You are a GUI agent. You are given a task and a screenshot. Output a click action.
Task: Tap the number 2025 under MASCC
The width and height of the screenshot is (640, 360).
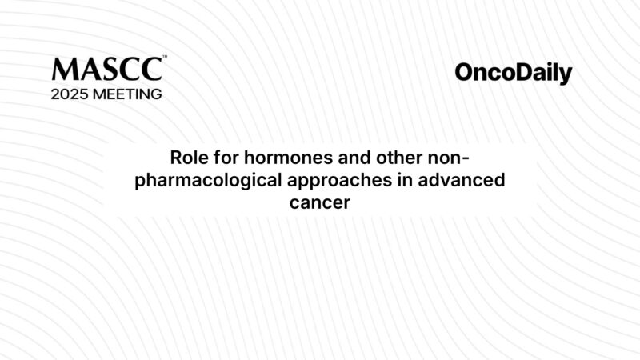click(73, 94)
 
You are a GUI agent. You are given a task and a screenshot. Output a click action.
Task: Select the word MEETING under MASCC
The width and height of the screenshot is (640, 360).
click(130, 94)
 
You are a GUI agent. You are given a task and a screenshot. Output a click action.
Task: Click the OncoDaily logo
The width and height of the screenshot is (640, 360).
click(514, 74)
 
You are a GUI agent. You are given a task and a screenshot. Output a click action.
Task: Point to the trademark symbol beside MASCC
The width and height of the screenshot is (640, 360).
click(164, 57)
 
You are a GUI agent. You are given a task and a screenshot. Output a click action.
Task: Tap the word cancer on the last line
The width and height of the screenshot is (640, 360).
click(320, 203)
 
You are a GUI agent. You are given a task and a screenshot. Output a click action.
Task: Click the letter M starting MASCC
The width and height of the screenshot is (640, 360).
click(62, 70)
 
